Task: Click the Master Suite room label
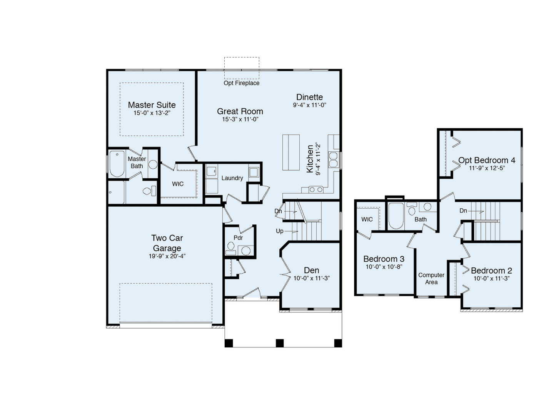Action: [x=152, y=105]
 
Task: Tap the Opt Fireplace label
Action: [x=242, y=83]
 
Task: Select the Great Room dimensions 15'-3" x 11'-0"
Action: [x=240, y=120]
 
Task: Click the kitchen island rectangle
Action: [x=291, y=152]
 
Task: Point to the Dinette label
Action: [x=309, y=97]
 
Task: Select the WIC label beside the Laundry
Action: [x=178, y=184]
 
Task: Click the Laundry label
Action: [x=232, y=178]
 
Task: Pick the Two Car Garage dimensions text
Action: [x=167, y=256]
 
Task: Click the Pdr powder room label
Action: [x=238, y=238]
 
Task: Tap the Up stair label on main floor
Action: [x=280, y=231]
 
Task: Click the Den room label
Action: [x=311, y=270]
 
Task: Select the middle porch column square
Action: [x=280, y=343]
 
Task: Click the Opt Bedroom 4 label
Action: [x=487, y=160]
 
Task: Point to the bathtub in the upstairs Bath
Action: [x=395, y=216]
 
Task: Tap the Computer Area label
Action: [x=431, y=279]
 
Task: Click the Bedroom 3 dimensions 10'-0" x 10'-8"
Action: [x=384, y=267]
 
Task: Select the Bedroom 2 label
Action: [x=491, y=271]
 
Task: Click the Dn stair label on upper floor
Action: [x=463, y=211]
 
